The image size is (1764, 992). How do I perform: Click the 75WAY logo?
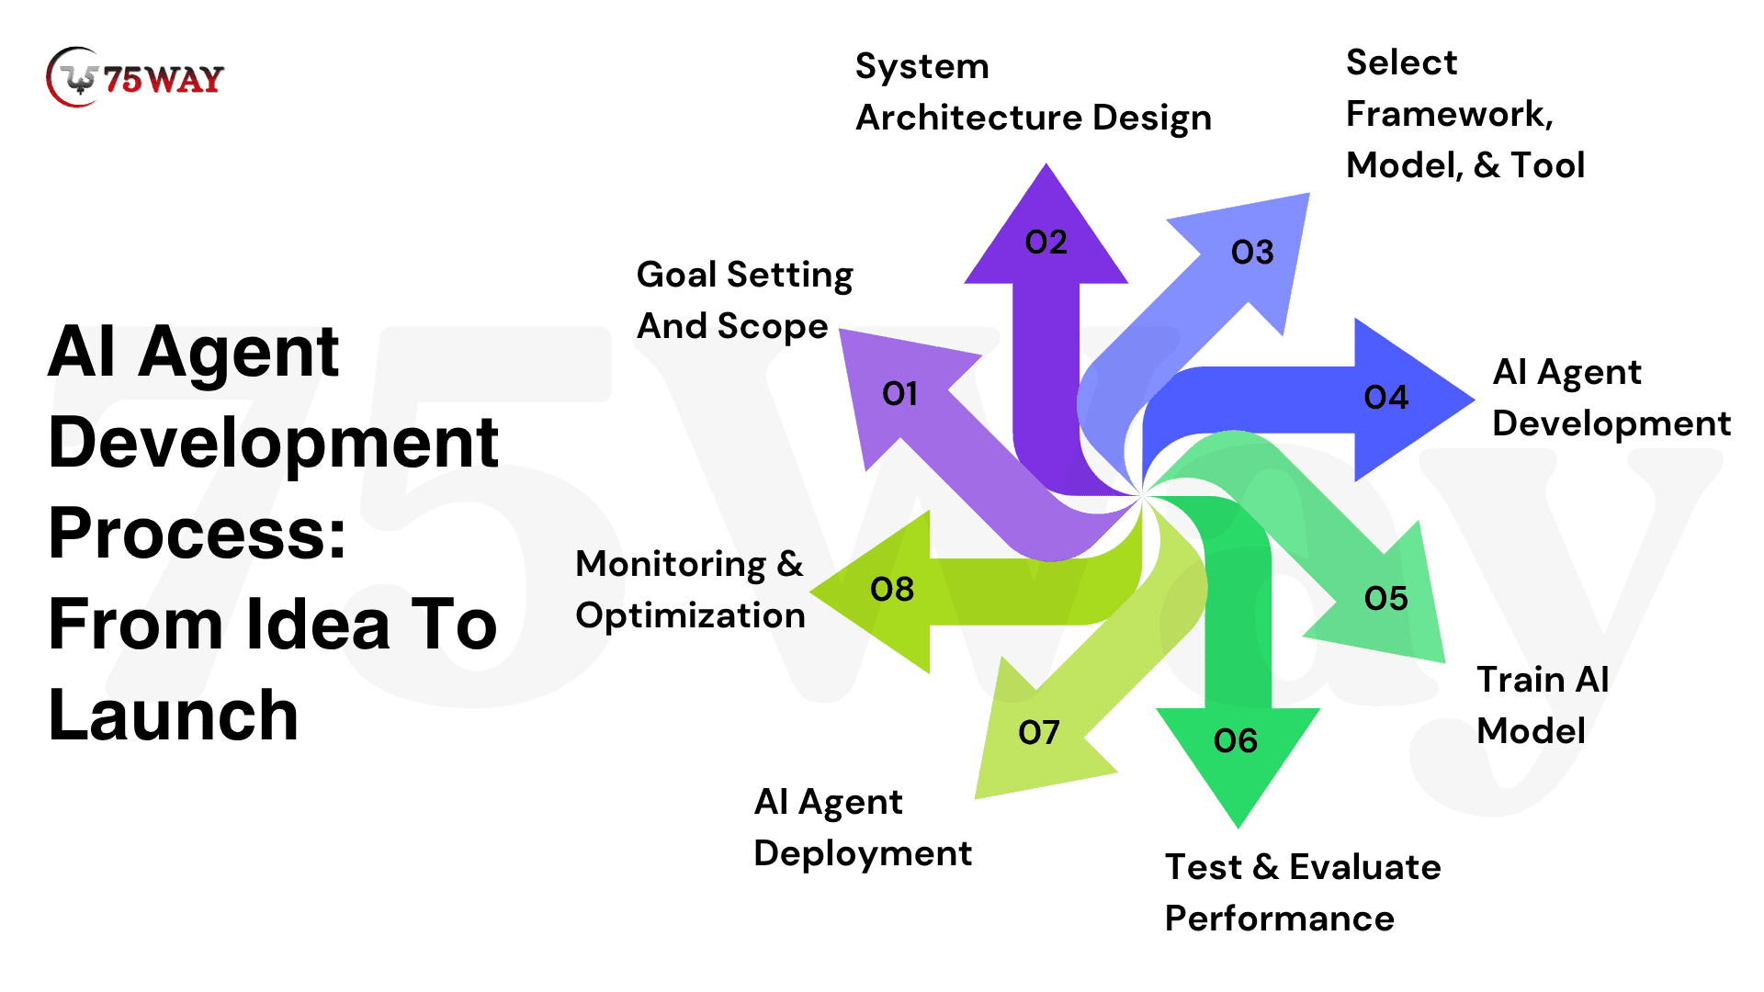[x=135, y=78]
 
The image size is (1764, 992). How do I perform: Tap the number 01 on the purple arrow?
[x=899, y=394]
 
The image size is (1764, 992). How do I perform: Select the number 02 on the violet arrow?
[x=1046, y=242]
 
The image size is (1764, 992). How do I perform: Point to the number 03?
[x=1252, y=253]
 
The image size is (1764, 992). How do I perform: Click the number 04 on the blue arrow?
[x=1385, y=398]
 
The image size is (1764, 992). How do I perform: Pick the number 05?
[x=1385, y=599]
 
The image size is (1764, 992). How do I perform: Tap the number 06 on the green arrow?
[x=1235, y=741]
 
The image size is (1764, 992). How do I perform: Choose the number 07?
[x=1039, y=733]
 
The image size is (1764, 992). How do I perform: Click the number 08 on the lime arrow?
[x=892, y=590]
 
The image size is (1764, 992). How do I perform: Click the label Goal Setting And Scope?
[x=744, y=300]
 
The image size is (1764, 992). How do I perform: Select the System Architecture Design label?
[x=1033, y=92]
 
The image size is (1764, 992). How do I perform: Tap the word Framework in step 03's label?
[x=1447, y=115]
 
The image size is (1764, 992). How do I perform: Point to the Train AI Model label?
[x=1542, y=705]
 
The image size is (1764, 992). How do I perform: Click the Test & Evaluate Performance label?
[x=1302, y=893]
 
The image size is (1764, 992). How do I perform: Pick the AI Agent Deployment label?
[x=862, y=828]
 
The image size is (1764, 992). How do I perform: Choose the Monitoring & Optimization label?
[x=690, y=590]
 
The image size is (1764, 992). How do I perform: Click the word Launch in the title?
[x=174, y=715]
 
